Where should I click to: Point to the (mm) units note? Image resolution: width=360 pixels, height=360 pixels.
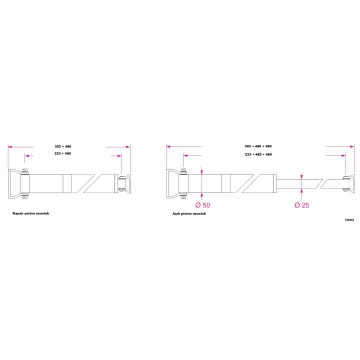pos(346,218)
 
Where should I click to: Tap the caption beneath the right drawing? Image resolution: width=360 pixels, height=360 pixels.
pos(190,213)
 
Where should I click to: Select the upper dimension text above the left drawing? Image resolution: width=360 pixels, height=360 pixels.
pos(68,146)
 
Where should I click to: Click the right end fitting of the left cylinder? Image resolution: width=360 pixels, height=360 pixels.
pos(122,186)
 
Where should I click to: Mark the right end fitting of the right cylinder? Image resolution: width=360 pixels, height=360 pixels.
pos(345,186)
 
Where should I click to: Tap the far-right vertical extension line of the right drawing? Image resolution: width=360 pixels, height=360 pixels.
pos(350,160)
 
